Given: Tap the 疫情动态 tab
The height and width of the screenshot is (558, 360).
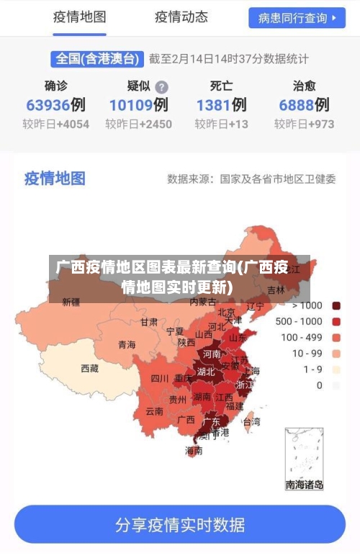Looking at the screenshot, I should pos(181,17).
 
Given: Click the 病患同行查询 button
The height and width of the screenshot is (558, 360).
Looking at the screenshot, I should pos(297,17).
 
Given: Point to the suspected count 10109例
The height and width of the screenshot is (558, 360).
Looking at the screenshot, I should pos(138,105).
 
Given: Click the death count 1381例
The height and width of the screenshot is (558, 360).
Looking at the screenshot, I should pos(221,105).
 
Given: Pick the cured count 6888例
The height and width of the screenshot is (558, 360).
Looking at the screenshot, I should pos(304,105).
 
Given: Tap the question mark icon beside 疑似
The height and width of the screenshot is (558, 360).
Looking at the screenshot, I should pos(162,86).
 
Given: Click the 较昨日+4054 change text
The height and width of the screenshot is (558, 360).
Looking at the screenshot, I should pos(55,124).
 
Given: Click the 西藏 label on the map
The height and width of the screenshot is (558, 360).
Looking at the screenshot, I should pos(90,368).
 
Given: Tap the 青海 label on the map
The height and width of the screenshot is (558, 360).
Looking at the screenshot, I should pos(127,344).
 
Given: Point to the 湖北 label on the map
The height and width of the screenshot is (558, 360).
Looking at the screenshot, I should pos(206,372).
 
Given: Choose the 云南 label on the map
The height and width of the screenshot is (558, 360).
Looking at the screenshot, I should pos(154,411).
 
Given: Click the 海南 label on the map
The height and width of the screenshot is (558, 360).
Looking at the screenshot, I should pos(194,451).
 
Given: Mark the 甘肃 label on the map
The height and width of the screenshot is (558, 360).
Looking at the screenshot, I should pos(149,322).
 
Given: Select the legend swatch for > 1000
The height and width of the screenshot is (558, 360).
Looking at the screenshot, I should pos(336,305).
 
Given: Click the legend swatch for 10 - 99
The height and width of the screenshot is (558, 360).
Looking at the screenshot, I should pos(336,354).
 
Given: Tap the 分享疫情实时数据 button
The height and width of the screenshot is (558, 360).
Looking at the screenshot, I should pos(180,524).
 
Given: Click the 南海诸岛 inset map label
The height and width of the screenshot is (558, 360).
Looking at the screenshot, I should pos(305,485).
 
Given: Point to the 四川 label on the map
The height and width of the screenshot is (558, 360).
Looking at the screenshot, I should pos(160,378).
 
